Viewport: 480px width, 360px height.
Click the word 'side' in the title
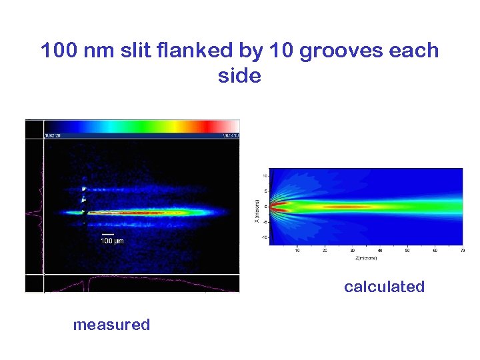(x=239, y=76)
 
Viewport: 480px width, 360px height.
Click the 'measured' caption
(x=111, y=325)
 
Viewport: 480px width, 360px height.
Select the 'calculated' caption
(x=384, y=287)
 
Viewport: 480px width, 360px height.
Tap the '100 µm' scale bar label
(x=112, y=241)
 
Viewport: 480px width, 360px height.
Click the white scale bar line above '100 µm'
(x=108, y=234)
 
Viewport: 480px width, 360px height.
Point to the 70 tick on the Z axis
(x=461, y=251)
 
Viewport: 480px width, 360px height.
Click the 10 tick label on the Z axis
(x=297, y=251)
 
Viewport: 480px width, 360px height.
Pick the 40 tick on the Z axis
(x=379, y=251)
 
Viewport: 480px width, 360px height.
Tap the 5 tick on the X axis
(x=265, y=191)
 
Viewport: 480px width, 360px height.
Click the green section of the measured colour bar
(x=140, y=126)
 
